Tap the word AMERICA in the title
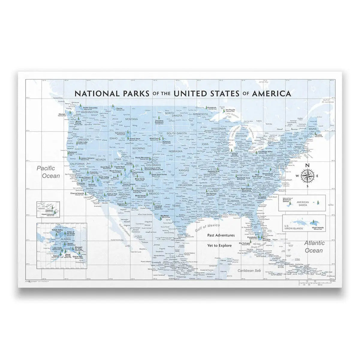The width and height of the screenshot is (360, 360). click(x=272, y=93)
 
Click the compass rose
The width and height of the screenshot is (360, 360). click(x=307, y=175)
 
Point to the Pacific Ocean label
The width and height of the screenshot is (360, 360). click(x=48, y=172)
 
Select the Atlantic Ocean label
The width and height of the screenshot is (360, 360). click(x=314, y=247)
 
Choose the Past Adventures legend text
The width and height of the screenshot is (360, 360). click(x=221, y=235)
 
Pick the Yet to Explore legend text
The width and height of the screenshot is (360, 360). click(x=219, y=245)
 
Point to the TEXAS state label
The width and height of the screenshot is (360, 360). click(x=176, y=206)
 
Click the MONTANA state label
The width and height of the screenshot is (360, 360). click(x=131, y=119)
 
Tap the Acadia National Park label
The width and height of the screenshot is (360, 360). click(x=319, y=136)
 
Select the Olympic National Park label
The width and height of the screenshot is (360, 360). click(x=62, y=115)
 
